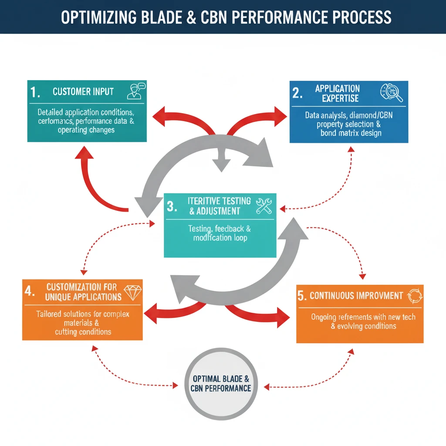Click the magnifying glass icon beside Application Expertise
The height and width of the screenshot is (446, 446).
[392, 92]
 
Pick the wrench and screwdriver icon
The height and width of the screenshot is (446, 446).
[264, 206]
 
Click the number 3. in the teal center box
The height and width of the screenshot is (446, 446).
[172, 206]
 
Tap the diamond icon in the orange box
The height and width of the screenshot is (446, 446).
[132, 292]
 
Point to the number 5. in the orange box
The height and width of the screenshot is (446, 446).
[302, 296]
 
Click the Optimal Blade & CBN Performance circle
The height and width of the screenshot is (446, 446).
[221, 383]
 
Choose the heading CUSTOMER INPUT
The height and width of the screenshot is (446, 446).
[83, 91]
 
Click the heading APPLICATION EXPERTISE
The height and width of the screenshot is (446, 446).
[338, 94]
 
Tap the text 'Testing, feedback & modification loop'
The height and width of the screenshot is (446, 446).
[220, 233]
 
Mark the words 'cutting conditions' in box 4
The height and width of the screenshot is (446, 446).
[83, 332]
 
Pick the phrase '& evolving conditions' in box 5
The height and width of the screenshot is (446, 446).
[363, 326]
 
